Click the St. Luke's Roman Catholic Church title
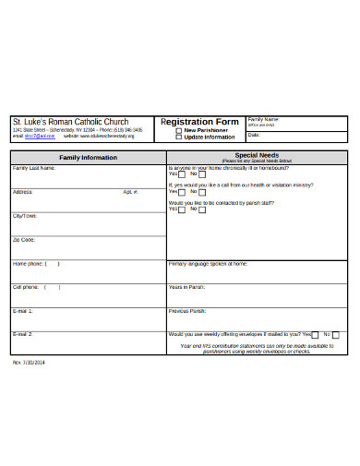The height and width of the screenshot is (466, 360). point(70,122)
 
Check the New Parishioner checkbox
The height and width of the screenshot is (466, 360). point(178,130)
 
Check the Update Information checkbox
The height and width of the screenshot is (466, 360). point(178,137)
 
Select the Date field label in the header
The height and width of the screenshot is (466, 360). point(253,135)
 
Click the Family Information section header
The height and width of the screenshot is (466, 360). point(88,158)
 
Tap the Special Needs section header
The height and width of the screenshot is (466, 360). point(257,154)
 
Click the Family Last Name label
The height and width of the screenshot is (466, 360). point(32,168)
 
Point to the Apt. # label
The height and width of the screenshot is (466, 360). point(130,191)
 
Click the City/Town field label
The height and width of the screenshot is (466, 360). point(25,215)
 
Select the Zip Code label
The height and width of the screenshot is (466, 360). point(24,239)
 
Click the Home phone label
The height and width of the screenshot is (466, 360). point(27,263)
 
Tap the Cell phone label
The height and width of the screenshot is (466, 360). point(26,287)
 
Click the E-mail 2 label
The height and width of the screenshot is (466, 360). point(22,333)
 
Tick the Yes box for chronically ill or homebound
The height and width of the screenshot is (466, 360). point(181,173)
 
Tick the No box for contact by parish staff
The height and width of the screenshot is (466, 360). point(203,209)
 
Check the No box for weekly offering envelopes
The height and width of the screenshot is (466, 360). point(335,335)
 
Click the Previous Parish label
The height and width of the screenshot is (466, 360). point(187,311)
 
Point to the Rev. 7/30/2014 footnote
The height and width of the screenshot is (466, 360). point(30,362)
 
